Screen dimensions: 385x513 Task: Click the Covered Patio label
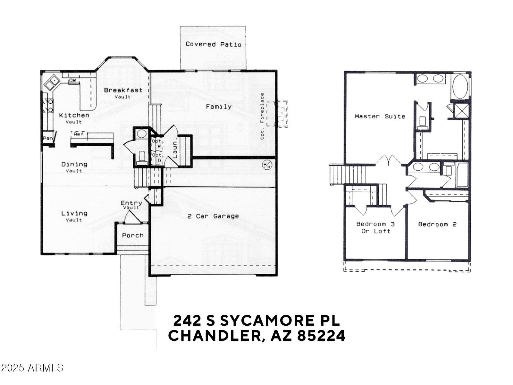(x=213, y=44)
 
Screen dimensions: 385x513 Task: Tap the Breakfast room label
(x=123, y=90)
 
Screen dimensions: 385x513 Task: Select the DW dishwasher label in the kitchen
(x=73, y=81)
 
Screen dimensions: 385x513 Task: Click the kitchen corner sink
(x=52, y=82)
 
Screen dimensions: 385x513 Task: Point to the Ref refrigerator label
(x=78, y=134)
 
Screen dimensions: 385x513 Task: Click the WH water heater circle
(x=266, y=165)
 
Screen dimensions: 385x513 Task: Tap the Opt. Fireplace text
(x=262, y=116)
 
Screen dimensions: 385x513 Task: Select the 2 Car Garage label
(x=213, y=216)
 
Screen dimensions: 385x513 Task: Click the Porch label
(x=132, y=235)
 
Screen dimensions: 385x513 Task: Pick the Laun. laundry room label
(x=175, y=150)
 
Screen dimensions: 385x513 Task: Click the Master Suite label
(x=380, y=116)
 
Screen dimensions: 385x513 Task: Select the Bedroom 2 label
(x=437, y=224)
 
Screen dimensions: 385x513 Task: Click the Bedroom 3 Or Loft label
(x=375, y=227)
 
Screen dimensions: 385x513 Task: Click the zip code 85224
(x=321, y=336)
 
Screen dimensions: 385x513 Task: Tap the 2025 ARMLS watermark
(x=32, y=368)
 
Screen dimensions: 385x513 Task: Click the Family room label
(x=219, y=107)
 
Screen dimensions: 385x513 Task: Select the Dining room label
(x=74, y=164)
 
